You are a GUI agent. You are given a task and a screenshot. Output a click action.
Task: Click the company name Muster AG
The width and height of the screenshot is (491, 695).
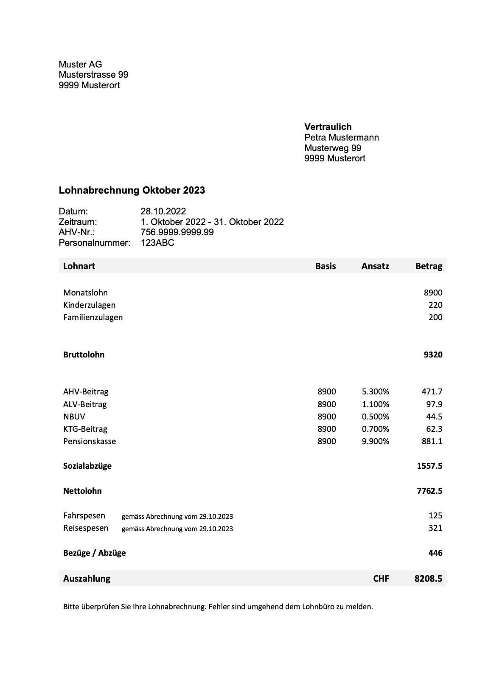click(x=80, y=65)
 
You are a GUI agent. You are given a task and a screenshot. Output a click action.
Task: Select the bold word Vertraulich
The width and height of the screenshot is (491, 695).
click(x=328, y=127)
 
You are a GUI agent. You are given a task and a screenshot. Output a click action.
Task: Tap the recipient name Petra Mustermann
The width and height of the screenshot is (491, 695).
click(x=341, y=138)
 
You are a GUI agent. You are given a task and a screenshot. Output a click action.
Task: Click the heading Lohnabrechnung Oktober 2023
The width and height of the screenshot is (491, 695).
click(x=132, y=190)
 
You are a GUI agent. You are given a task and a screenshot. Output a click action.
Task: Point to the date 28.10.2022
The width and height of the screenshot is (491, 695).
click(x=163, y=211)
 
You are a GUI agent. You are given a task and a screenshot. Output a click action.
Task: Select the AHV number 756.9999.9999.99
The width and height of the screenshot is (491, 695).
click(x=177, y=232)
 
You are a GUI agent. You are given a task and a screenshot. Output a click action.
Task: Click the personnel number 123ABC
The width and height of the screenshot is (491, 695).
click(x=157, y=243)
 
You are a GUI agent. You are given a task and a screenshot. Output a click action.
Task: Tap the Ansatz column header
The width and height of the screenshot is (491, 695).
click(x=375, y=266)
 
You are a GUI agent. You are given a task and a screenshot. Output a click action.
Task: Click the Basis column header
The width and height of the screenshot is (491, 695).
click(x=325, y=266)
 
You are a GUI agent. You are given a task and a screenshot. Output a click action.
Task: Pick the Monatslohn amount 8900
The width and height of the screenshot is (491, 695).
click(x=433, y=293)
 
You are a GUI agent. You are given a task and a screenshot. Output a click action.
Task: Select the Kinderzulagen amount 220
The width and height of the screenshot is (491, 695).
click(x=435, y=305)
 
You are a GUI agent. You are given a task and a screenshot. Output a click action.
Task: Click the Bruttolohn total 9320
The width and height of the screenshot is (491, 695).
click(x=433, y=355)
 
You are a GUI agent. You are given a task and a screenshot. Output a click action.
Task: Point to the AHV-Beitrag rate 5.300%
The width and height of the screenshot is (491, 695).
click(x=375, y=391)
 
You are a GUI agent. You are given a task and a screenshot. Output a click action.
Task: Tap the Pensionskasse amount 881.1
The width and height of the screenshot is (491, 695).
click(x=432, y=441)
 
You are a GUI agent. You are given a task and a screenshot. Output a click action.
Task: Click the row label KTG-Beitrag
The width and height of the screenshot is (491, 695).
click(x=85, y=429)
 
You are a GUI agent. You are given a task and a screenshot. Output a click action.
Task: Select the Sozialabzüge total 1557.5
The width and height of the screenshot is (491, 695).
click(x=429, y=466)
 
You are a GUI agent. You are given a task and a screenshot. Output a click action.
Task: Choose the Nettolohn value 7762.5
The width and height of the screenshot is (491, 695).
click(x=429, y=491)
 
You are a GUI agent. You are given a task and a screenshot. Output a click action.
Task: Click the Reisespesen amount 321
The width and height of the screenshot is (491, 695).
click(x=435, y=528)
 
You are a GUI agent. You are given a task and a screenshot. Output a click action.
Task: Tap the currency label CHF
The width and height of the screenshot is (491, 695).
click(x=381, y=578)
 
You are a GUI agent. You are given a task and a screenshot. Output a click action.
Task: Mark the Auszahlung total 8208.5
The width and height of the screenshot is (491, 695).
click(x=428, y=578)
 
